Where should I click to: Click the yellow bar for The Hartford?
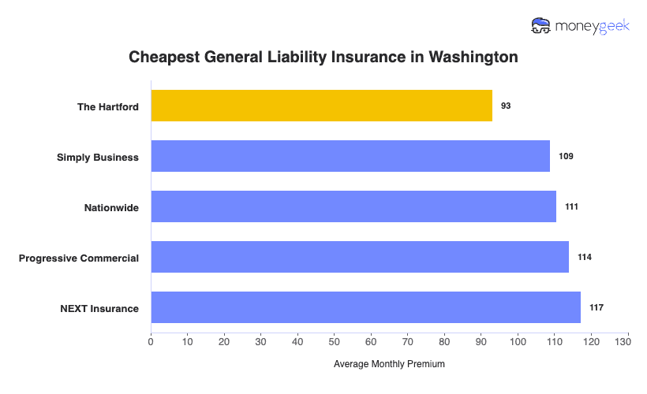tap(321, 106)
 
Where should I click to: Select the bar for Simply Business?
tap(350, 156)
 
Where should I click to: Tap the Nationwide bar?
tap(353, 206)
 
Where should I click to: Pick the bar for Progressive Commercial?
tap(360, 257)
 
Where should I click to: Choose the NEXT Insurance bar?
tap(365, 307)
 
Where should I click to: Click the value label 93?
tap(506, 106)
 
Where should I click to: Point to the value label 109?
tap(566, 156)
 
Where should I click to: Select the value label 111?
tap(572, 206)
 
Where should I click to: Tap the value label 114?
tap(585, 257)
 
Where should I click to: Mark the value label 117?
tap(597, 307)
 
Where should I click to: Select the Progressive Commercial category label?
tap(79, 258)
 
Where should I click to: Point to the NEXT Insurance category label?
tap(99, 308)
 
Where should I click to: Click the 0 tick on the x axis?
tap(151, 342)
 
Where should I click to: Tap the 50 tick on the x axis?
tap(335, 342)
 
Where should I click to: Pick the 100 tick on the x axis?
tap(518, 342)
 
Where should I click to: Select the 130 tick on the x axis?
tap(628, 342)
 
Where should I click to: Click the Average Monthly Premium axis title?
tap(389, 364)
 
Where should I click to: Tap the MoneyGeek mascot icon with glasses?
tap(541, 26)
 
